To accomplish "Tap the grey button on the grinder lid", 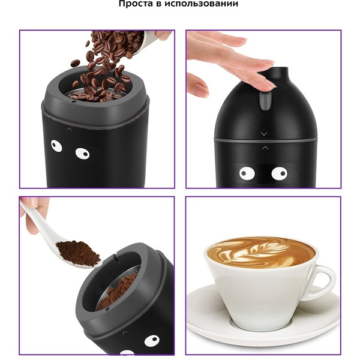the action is tap(265, 101).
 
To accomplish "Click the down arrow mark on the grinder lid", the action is tap(264, 134).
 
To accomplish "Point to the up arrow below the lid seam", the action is tap(265, 148).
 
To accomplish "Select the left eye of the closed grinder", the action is tap(247, 173).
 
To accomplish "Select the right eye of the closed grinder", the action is tap(280, 173).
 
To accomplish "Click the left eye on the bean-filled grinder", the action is tap(56, 146).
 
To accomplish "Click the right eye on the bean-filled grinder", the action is tap(82, 154).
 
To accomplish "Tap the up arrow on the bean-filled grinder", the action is tap(70, 130).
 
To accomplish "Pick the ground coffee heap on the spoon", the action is tap(77, 252).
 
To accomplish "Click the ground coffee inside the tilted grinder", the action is tap(117, 292).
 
